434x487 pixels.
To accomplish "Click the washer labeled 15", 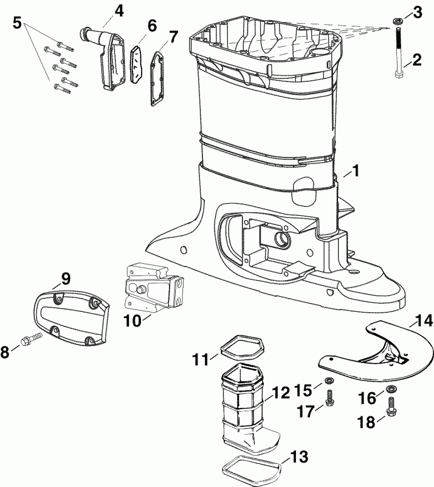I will point(329,381).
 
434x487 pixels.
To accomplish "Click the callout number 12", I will point(281,393).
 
